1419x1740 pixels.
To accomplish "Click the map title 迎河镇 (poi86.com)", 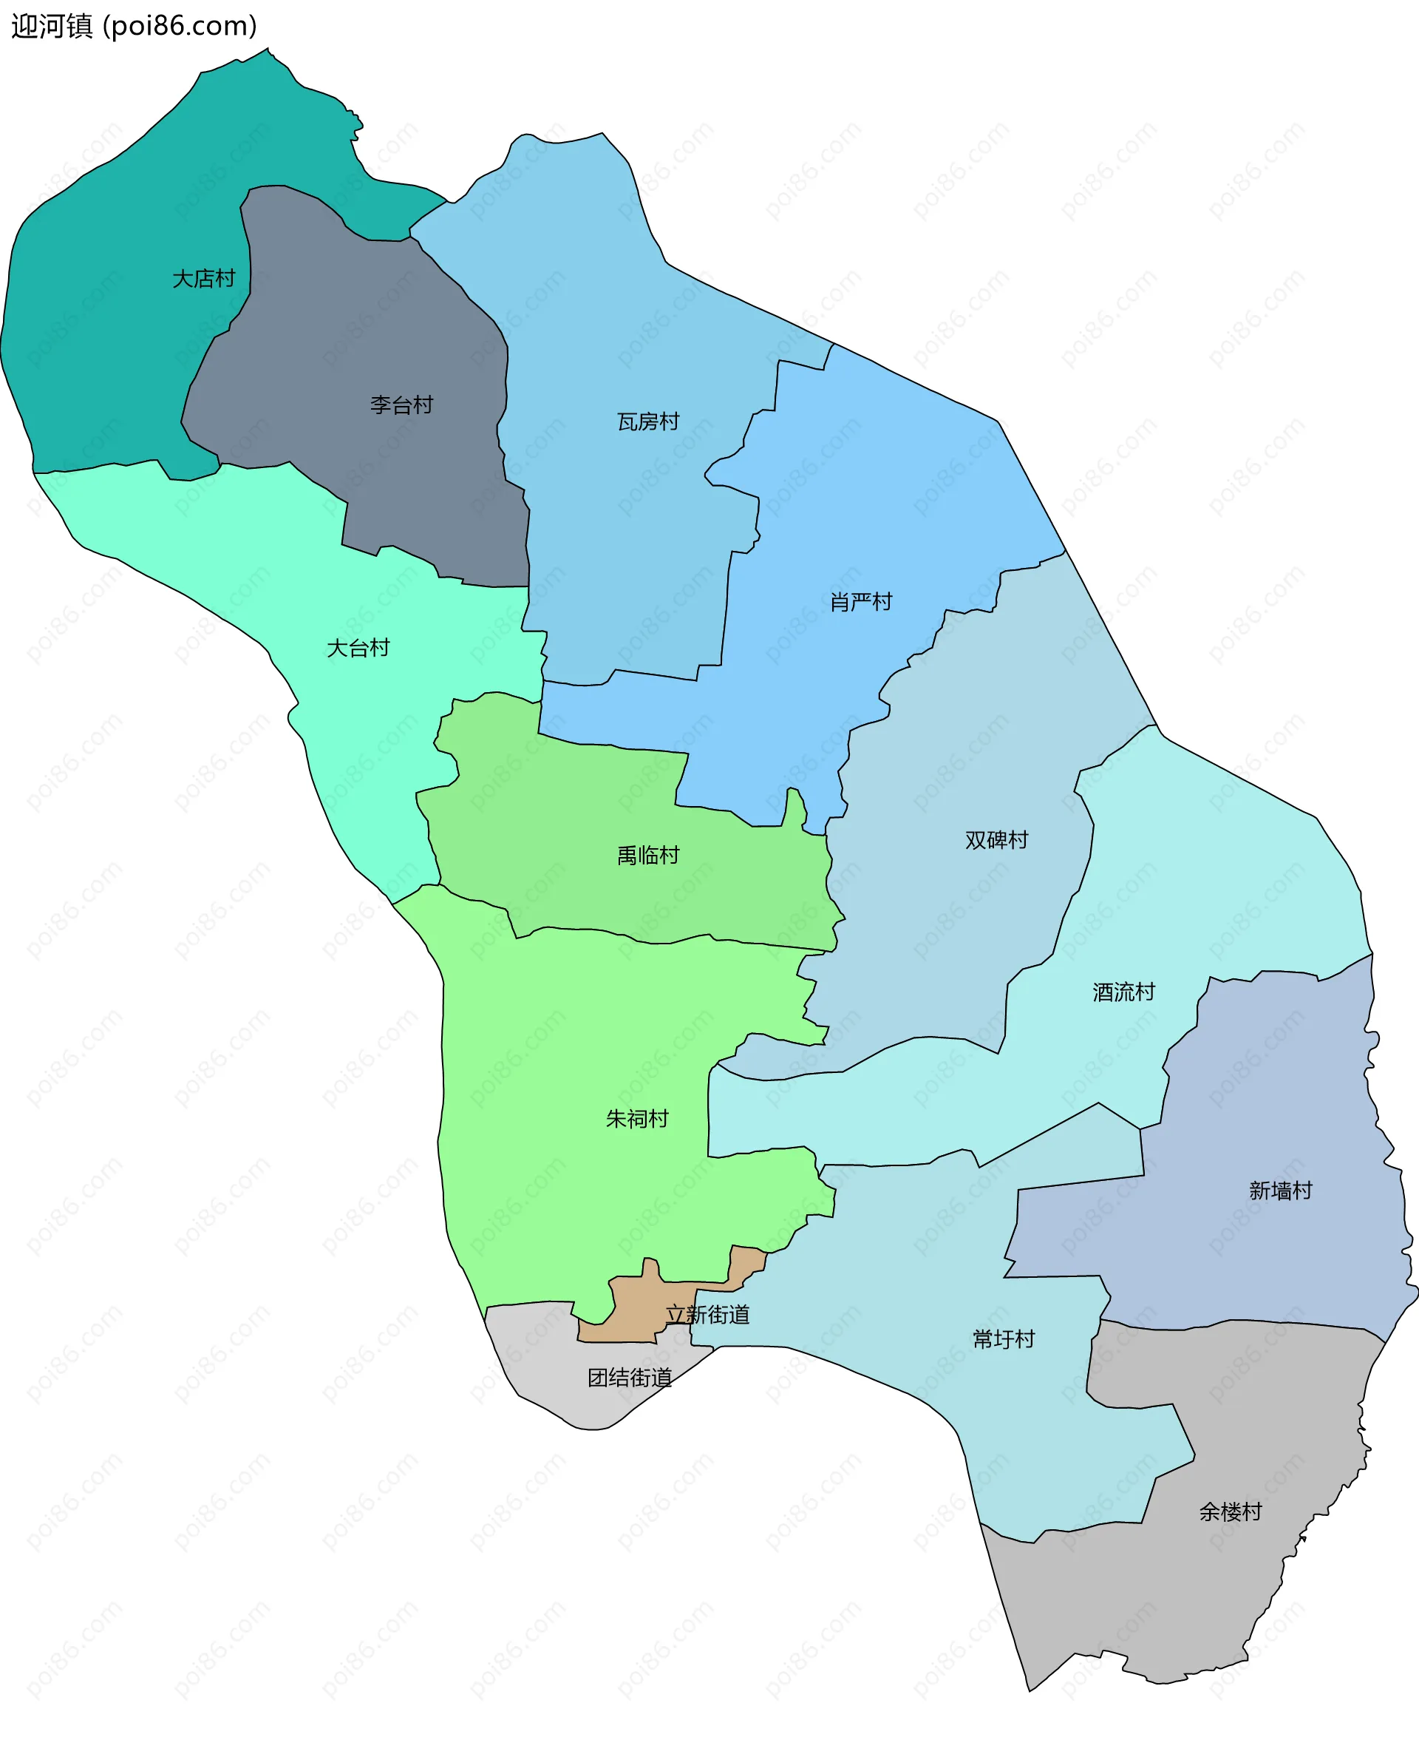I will point(134,26).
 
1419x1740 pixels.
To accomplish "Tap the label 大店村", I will point(203,279).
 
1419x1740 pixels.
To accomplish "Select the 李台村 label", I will point(401,404).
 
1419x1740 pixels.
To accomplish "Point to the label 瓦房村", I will point(648,422).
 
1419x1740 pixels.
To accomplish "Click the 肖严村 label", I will point(861,603).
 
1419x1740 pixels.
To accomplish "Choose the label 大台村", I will point(358,649).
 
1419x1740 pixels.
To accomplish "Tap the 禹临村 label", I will point(648,856).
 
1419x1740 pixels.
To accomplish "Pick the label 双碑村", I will point(996,840).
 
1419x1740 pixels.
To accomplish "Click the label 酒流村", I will point(1124,992).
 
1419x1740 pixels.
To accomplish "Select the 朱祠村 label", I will point(637,1119).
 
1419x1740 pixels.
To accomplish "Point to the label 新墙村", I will point(1280,1191).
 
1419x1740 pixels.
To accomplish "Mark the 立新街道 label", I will point(708,1315).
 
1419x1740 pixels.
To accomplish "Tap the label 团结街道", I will point(630,1378).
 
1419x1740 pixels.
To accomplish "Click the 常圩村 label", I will point(1004,1338).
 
